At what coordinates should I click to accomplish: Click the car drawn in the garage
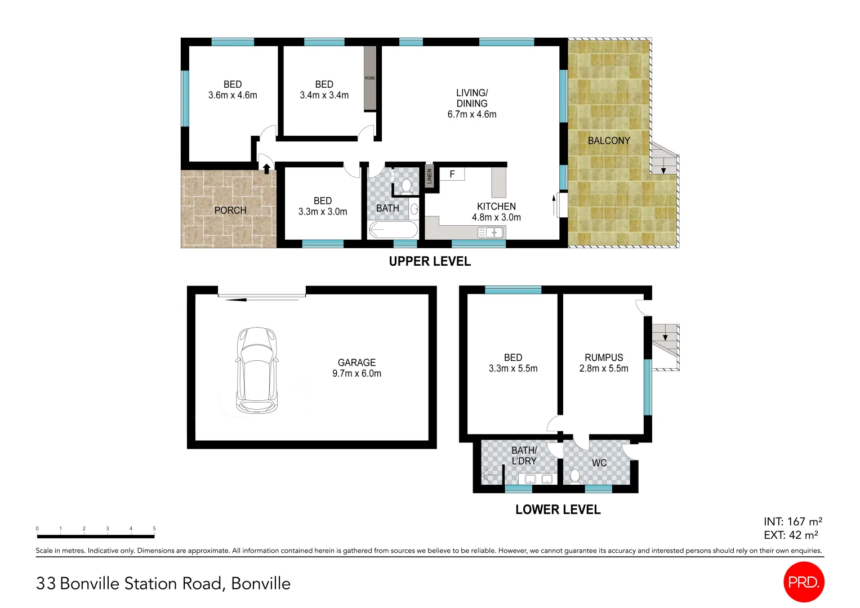pos(257,370)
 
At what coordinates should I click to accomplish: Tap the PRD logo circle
pos(803,582)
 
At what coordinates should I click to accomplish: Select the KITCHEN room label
pos(496,207)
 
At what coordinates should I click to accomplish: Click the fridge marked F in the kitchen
pos(452,175)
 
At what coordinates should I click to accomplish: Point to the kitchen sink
pos(491,232)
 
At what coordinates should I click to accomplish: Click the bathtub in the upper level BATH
pos(393,230)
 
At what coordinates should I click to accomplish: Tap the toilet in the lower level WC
pos(574,476)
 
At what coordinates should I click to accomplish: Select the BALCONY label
pos(609,141)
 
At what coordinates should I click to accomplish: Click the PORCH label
pos(230,210)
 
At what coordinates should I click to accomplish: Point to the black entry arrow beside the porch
pos(266,168)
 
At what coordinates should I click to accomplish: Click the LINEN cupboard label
pos(430,176)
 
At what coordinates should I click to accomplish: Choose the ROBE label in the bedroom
pos(370,78)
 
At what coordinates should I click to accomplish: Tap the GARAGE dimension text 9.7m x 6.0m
pos(357,373)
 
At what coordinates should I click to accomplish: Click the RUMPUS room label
pos(604,357)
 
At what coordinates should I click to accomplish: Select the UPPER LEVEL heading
pos(430,261)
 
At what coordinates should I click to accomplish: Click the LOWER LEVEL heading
pos(558,509)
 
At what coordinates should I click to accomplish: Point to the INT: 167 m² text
pos(792,522)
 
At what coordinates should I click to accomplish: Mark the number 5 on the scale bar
pos(154,529)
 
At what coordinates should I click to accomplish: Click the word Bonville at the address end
pos(261,583)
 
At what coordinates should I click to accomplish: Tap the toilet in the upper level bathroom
pos(406,185)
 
